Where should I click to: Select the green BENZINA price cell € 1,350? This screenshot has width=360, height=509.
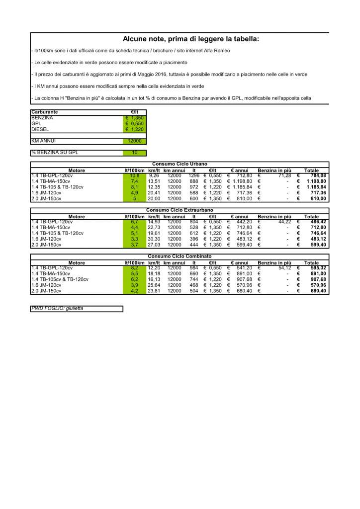click(134, 118)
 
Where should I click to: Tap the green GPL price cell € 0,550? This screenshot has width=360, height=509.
click(134, 124)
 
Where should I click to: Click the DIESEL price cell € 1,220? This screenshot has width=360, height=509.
click(134, 129)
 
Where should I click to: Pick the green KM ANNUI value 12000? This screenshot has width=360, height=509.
click(134, 141)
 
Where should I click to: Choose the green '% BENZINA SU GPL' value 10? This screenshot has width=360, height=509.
click(134, 153)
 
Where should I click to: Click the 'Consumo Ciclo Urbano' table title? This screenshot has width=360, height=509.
click(180, 164)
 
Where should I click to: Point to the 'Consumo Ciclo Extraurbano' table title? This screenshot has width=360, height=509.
click(180, 211)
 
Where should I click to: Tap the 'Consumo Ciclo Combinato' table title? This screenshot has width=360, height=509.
click(180, 256)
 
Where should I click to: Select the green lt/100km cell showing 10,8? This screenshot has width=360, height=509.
click(134, 175)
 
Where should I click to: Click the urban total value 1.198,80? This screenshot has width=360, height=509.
click(316, 181)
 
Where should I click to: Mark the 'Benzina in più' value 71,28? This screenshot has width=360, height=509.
click(284, 175)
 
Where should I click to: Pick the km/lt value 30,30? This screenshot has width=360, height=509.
click(154, 239)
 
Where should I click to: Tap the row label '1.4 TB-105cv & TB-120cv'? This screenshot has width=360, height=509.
click(60, 279)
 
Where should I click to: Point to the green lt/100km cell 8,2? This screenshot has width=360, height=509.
click(134, 268)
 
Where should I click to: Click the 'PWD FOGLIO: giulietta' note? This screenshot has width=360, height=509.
click(58, 309)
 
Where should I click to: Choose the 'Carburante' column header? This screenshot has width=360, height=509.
click(45, 112)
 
